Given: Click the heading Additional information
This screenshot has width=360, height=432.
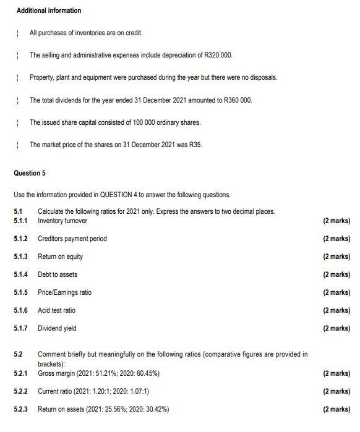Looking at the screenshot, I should (x=49, y=11).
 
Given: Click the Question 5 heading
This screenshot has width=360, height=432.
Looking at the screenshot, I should (x=30, y=173).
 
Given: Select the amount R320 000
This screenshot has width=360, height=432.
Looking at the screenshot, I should (x=218, y=56).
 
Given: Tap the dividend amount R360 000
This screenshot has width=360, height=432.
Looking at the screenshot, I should (x=238, y=100).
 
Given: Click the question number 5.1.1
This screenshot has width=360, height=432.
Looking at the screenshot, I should (x=21, y=221).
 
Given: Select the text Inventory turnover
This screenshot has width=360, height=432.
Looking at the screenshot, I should (x=62, y=221).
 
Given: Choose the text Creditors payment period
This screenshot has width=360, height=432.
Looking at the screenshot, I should (x=72, y=239).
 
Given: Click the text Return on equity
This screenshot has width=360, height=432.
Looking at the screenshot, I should (x=61, y=256).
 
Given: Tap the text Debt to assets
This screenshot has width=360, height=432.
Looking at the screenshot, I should (x=58, y=274).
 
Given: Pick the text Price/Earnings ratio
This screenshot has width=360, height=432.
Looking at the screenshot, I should (x=64, y=292).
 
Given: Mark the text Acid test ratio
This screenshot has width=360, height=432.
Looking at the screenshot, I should (x=57, y=310).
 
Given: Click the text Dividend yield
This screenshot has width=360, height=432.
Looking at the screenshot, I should (x=58, y=328).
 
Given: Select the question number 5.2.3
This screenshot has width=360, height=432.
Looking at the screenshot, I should (x=21, y=409).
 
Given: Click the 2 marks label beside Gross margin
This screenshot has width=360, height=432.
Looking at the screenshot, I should (x=336, y=373).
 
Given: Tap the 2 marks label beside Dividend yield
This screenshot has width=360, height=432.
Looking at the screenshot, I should (x=336, y=328).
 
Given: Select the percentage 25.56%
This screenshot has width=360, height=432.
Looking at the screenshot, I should (x=116, y=409).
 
